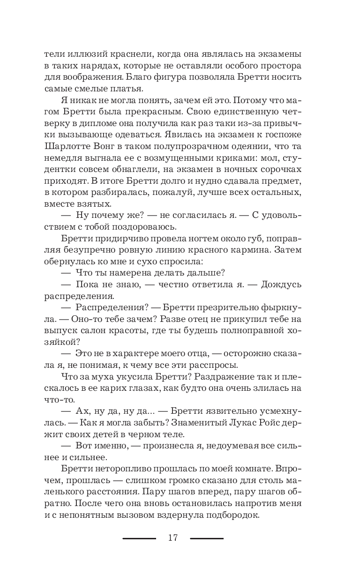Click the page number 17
coord(172,538)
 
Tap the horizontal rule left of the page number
coord(139,538)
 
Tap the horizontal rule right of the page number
coord(207,538)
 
